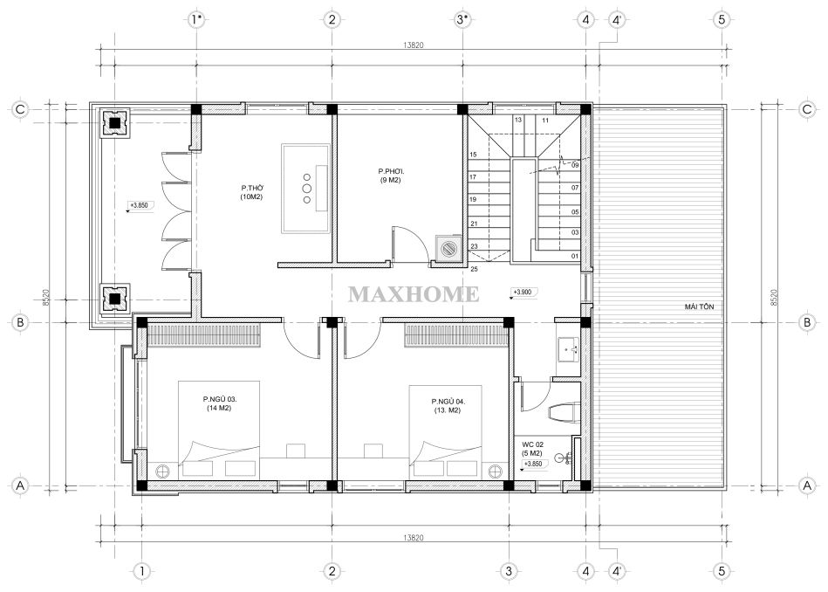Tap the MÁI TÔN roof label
tap(699, 306)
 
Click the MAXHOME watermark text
tap(414, 294)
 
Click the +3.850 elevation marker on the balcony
tap(140, 205)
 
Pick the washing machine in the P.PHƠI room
tap(448, 247)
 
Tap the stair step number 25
tap(474, 269)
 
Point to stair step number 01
tap(574, 257)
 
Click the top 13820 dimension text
tap(413, 45)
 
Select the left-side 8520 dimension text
tap(46, 298)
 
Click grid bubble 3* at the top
tap(462, 20)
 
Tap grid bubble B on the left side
tap(20, 322)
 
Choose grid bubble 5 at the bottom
tap(722, 571)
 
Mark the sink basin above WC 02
tap(568, 349)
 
